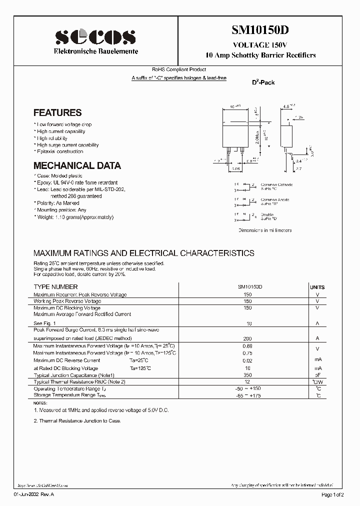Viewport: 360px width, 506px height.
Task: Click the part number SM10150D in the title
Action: click(260, 29)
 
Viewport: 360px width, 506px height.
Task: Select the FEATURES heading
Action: click(57, 113)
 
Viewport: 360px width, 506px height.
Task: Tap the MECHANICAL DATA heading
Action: click(77, 165)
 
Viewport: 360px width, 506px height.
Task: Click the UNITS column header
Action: click(317, 287)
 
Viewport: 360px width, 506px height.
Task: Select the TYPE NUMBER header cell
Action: click(55, 287)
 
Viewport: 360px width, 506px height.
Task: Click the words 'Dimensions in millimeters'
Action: click(264, 230)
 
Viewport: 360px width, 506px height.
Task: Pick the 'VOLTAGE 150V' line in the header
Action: click(260, 45)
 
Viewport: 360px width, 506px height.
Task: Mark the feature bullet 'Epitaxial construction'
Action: click(59, 151)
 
